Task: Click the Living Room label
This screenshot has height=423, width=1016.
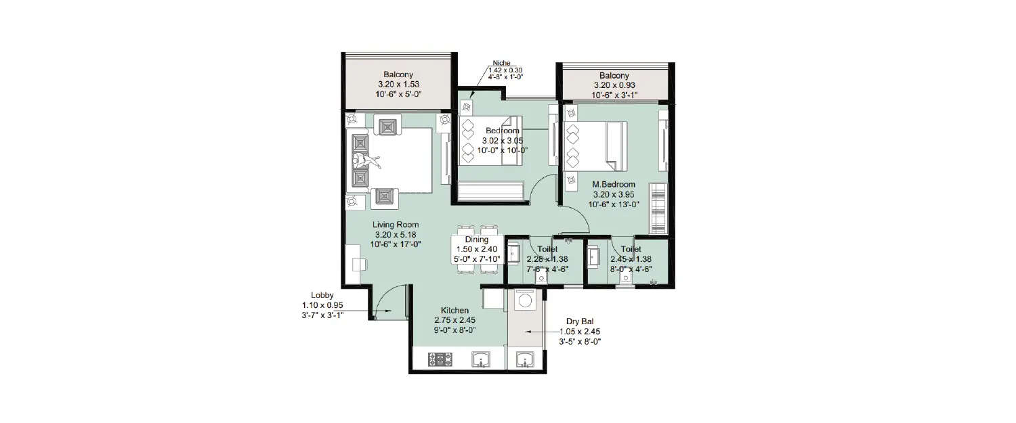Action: [395, 225]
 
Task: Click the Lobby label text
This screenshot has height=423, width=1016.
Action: [322, 295]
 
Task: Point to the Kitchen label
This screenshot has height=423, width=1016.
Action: [454, 310]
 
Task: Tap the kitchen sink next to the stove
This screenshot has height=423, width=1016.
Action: [481, 359]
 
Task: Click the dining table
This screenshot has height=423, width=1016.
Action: [477, 249]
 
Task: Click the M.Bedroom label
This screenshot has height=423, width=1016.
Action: [614, 184]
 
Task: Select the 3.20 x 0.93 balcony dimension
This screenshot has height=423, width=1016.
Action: [614, 85]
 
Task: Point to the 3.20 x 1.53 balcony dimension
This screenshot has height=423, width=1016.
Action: [398, 85]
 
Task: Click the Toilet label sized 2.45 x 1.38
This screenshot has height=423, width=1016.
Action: [630, 249]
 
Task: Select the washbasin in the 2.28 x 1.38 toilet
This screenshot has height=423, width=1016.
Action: [514, 255]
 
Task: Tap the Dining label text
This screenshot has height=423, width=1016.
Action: [477, 240]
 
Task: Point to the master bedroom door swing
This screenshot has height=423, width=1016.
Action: [574, 218]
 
